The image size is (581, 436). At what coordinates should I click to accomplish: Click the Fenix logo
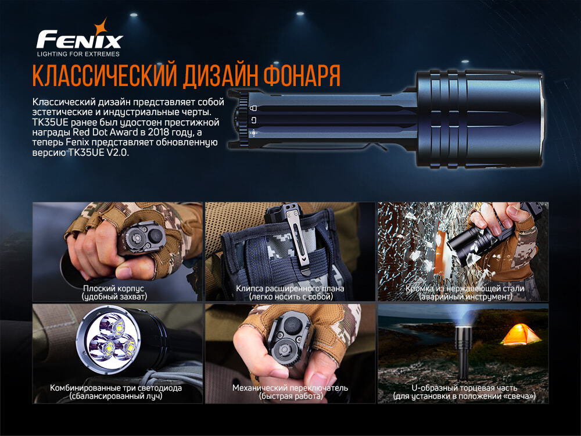click(79, 40)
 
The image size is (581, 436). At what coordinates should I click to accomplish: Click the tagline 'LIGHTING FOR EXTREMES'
click(78, 54)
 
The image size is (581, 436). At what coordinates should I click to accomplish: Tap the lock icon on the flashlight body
click(253, 108)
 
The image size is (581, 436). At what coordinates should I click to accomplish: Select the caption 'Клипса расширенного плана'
click(290, 288)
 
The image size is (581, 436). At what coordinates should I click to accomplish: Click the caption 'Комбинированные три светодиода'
click(116, 388)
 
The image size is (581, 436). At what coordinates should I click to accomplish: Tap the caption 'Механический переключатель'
click(290, 388)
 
